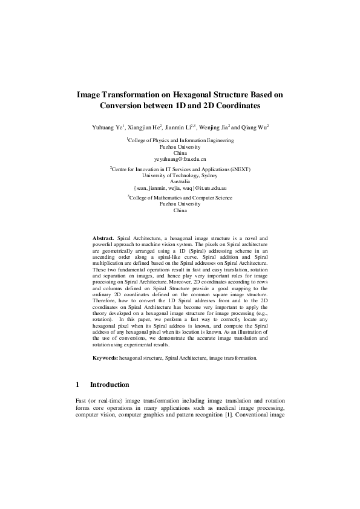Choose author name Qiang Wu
(255, 128)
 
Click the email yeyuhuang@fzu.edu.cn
(180, 158)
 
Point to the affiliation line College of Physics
(180, 140)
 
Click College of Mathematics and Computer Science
(180, 198)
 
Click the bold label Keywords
(105, 358)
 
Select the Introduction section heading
(110, 384)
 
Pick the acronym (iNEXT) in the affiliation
(238, 169)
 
